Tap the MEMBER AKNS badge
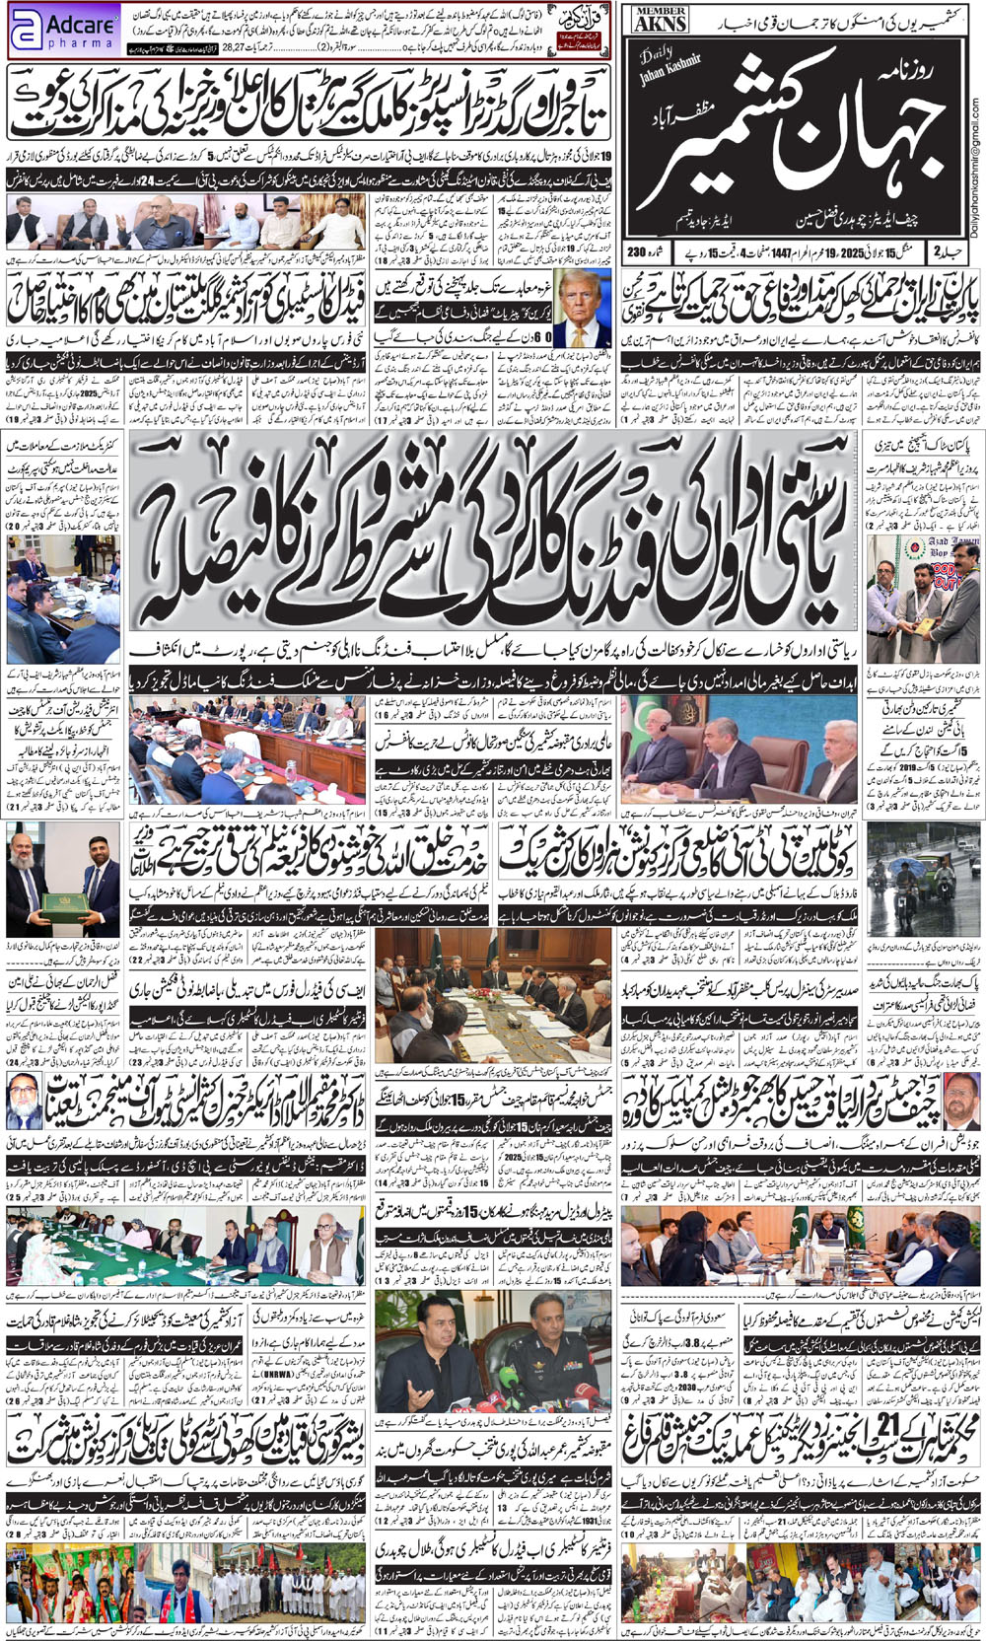click(662, 19)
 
